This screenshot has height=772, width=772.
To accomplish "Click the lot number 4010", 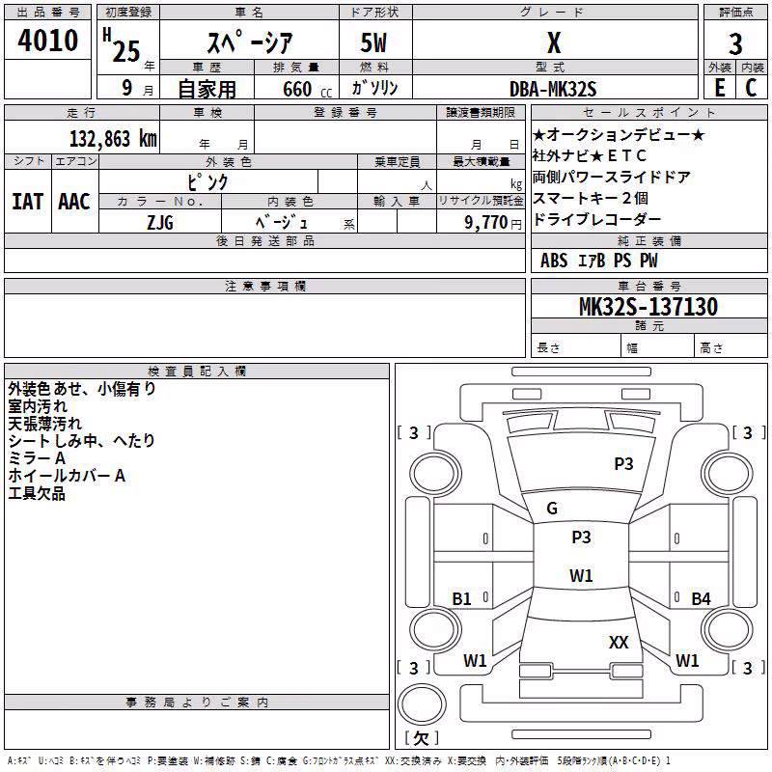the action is (x=47, y=40).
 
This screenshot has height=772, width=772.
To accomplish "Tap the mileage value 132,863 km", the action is (x=113, y=139).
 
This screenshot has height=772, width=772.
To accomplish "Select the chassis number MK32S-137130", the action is (x=648, y=306).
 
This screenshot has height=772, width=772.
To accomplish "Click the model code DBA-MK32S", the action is (x=553, y=89).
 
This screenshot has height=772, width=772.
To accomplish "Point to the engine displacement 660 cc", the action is (x=307, y=89).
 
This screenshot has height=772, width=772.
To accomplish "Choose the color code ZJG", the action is (x=160, y=223).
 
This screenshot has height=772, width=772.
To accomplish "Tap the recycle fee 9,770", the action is (x=486, y=223).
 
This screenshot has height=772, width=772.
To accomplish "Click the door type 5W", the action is (x=373, y=42).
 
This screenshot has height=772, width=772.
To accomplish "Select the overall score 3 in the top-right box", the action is (x=735, y=43).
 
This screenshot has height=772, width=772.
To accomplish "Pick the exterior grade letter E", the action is (x=720, y=88).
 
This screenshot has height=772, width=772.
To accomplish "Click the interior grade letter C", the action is (x=751, y=88).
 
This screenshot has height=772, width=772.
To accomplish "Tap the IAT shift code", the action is (x=28, y=202).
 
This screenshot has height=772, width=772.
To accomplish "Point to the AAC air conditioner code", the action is (x=74, y=202).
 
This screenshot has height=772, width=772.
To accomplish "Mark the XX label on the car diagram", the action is (x=619, y=642).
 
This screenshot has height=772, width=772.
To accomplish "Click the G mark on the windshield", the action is (x=552, y=509).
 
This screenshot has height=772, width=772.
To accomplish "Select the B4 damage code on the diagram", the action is (x=702, y=598).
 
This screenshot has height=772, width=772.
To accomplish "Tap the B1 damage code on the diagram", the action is (x=461, y=598).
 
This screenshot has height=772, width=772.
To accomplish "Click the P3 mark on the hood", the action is (x=623, y=464).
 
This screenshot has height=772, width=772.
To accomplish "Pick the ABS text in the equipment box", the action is (x=554, y=261).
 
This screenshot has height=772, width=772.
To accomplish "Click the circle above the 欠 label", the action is (x=422, y=704).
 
